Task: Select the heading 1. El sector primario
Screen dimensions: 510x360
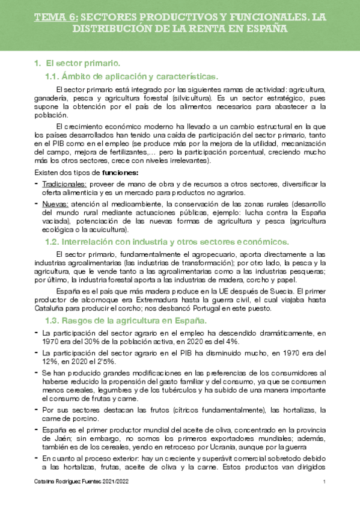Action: pyautogui.click(x=78, y=63)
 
